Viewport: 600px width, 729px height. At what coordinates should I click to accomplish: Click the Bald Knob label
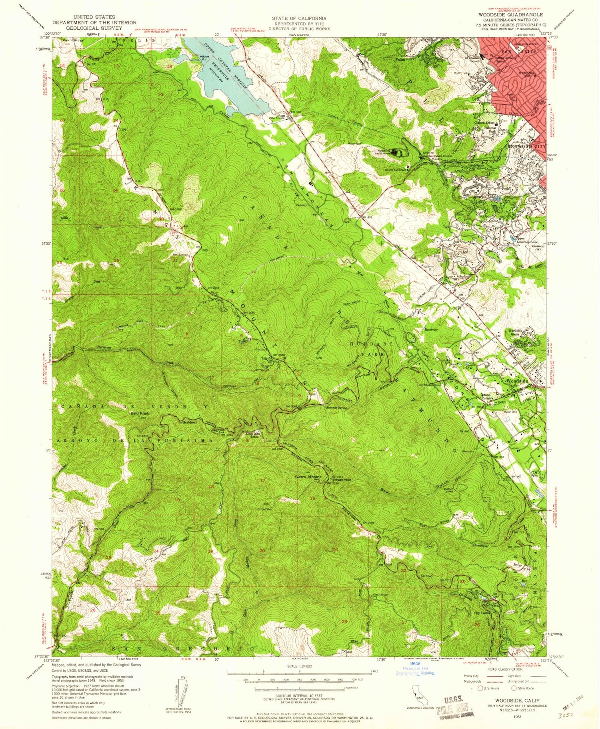(x=140, y=413)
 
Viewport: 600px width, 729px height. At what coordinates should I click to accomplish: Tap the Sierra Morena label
(x=308, y=477)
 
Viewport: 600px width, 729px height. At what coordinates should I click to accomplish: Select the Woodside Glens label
(x=516, y=332)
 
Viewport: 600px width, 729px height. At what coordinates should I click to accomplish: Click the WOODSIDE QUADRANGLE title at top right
(x=511, y=14)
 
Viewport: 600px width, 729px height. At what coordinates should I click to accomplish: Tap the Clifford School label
(x=484, y=123)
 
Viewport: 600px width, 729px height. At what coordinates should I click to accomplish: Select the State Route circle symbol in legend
(x=513, y=688)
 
